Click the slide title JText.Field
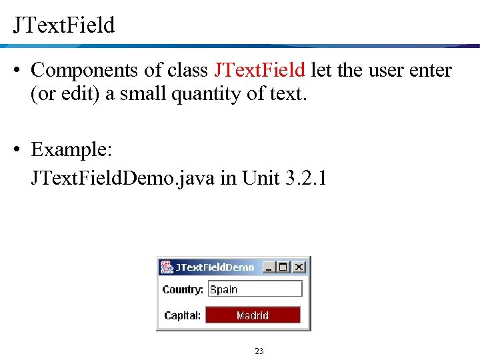pyautogui.click(x=64, y=25)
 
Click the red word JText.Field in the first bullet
pyautogui.click(x=260, y=70)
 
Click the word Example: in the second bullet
pyautogui.click(x=71, y=149)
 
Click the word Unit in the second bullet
pyautogui.click(x=261, y=178)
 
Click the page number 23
pyautogui.click(x=259, y=351)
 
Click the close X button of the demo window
pyautogui.click(x=299, y=267)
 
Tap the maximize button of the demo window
pyautogui.click(x=284, y=267)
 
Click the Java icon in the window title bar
pyautogui.click(x=166, y=267)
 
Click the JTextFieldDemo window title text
pyautogui.click(x=215, y=267)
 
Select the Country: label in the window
pyautogui.click(x=183, y=289)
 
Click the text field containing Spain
pyautogui.click(x=255, y=289)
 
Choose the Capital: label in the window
pyautogui.click(x=183, y=315)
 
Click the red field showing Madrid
pyautogui.click(x=253, y=315)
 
